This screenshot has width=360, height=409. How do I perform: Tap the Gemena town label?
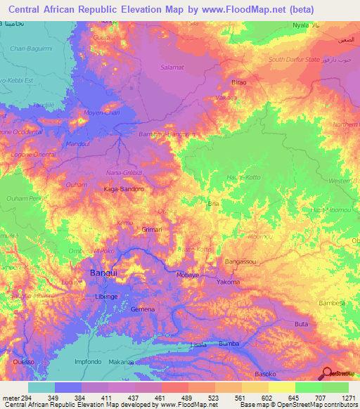pos(143,309)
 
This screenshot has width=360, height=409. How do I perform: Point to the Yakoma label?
pos(229,282)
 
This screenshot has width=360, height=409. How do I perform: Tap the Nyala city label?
pos(301,25)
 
